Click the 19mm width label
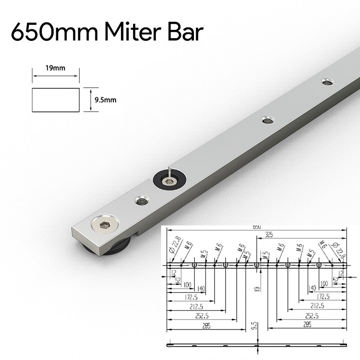coord(55,68)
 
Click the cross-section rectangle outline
coord(56,100)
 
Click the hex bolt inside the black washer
coord(170,181)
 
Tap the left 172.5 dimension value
coord(180,297)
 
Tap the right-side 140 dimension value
coord(312,288)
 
